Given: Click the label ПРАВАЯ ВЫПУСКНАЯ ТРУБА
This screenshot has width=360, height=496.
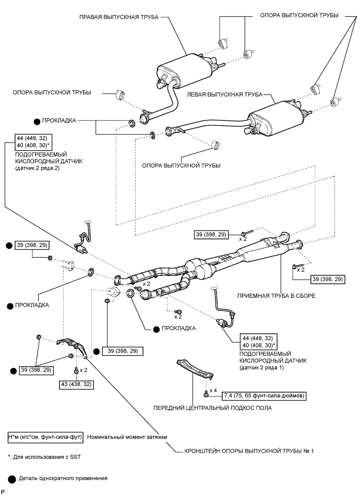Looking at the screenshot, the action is pyautogui.click(x=118, y=17).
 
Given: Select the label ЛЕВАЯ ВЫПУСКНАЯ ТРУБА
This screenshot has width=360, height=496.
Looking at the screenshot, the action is pyautogui.click(x=224, y=94).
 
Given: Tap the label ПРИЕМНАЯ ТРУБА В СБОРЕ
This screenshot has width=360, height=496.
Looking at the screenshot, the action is pyautogui.click(x=277, y=296).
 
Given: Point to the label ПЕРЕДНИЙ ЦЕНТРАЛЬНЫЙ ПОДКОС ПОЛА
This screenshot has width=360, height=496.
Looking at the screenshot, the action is pyautogui.click(x=212, y=408).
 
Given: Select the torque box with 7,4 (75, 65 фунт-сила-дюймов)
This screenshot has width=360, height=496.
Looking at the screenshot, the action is pyautogui.click(x=265, y=395).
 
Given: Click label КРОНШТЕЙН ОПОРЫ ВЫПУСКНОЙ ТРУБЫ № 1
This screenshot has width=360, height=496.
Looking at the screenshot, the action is pyautogui.click(x=249, y=451).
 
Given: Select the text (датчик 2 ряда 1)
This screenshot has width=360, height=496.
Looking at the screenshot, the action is pyautogui.click(x=261, y=368).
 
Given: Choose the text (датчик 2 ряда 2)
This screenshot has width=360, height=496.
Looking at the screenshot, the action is pyautogui.click(x=38, y=168).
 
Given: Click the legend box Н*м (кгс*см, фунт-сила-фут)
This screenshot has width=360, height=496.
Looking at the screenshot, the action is pyautogui.click(x=46, y=437).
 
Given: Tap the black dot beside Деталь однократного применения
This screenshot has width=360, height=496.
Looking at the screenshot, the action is pyautogui.click(x=12, y=479).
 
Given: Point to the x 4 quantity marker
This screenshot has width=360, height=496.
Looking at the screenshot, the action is pyautogui.click(x=213, y=391).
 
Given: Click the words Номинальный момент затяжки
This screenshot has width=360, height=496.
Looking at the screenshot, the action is pyautogui.click(x=127, y=437).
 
